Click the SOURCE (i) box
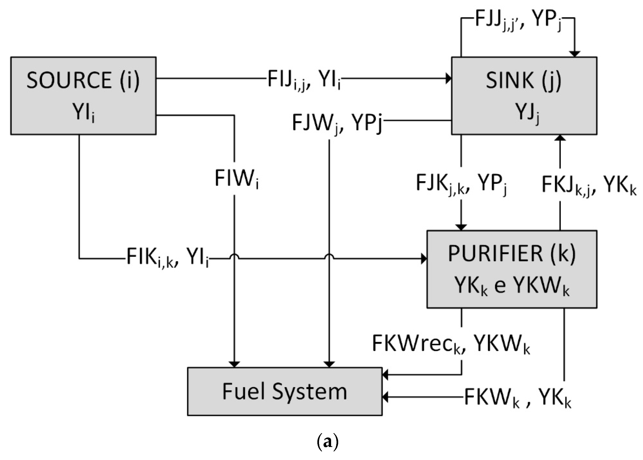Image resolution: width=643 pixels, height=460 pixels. pos(83,95)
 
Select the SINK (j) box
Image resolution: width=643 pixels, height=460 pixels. pos(524,95)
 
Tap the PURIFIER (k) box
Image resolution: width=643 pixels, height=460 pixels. pos(512,269)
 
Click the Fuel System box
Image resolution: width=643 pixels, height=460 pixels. pos(285,392)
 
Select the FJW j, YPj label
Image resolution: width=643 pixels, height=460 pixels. pos(337,124)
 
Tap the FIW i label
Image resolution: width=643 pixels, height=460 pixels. pos(237,179)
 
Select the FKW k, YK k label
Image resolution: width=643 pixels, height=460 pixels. pos(517,398)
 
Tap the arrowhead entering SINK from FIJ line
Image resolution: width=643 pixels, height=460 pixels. pos(448,78)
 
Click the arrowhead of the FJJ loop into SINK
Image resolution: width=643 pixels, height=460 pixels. pos(575,54)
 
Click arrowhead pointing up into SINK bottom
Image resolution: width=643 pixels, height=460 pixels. pos(560,138)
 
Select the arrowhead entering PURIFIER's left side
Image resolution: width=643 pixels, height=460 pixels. pos(424,259)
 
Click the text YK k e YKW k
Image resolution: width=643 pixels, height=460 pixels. pos(512,286)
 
